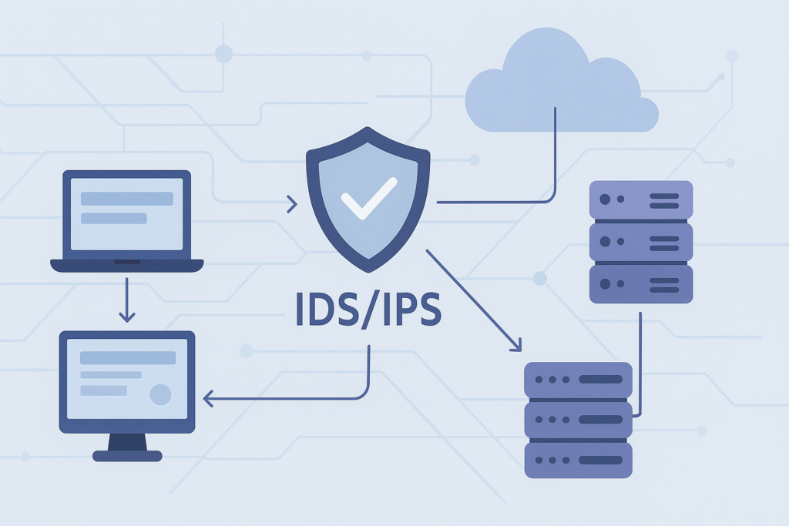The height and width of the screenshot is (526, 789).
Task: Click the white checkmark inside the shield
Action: point(368,198)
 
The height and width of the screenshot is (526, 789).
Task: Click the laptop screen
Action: point(127,214)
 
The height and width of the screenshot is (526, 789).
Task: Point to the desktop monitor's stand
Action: point(127,444)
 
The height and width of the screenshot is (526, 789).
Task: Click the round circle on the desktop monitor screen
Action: point(160,394)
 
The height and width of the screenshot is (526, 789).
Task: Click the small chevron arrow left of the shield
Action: point(291,204)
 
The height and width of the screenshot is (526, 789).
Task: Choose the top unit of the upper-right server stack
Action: point(641,200)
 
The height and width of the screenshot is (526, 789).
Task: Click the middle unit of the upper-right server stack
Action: point(641,242)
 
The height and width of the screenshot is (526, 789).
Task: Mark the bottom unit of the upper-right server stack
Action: point(641,283)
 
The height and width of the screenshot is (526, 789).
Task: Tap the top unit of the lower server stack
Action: point(578,380)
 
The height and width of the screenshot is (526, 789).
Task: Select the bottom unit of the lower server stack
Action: point(578,460)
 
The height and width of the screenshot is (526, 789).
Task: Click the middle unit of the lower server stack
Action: point(578,420)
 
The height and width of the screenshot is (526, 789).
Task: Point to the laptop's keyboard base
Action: point(127,265)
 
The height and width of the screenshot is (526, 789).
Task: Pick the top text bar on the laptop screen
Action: point(127,199)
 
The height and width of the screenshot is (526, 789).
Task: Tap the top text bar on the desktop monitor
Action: point(128,358)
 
